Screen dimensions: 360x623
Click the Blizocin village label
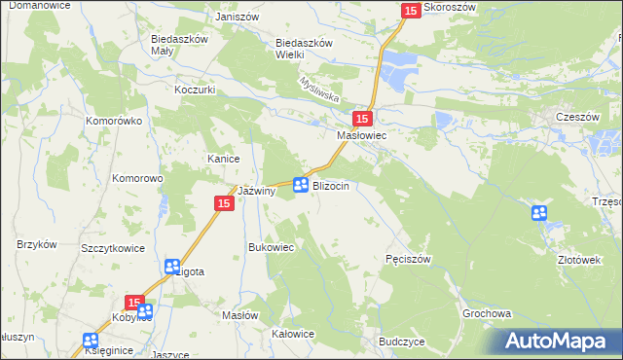pyautogui.click(x=331, y=185)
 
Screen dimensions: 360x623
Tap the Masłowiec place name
pyautogui.click(x=362, y=136)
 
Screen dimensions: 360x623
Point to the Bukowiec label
pyautogui.click(x=272, y=247)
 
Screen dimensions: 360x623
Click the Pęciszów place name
pyautogui.click(x=408, y=259)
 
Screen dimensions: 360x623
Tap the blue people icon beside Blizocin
pyautogui.click(x=301, y=185)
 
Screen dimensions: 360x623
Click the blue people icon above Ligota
pyautogui.click(x=172, y=266)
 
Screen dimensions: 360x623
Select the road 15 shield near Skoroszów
pyautogui.click(x=410, y=10)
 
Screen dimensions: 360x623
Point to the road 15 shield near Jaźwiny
pyautogui.click(x=223, y=202)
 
